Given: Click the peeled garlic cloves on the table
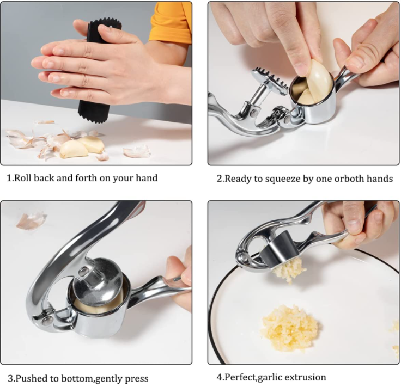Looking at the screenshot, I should click(x=82, y=146).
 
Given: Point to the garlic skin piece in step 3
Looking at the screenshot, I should click(x=31, y=220).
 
